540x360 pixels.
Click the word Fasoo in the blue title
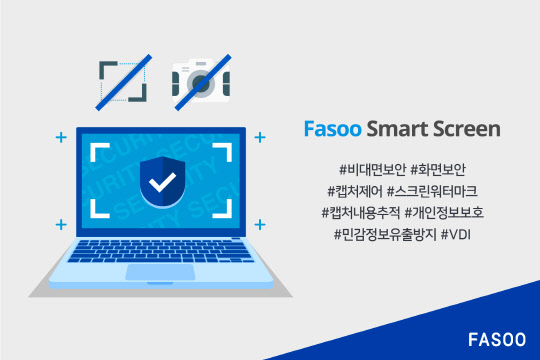coord(329,129)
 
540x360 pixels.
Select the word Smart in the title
coord(394,129)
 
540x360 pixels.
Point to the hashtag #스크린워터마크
coord(442,188)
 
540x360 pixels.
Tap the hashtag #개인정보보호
coord(455,211)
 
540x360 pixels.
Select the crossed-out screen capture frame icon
coord(123,80)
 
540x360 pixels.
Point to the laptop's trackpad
coord(160,272)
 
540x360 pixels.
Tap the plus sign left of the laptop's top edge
coord(61,135)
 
